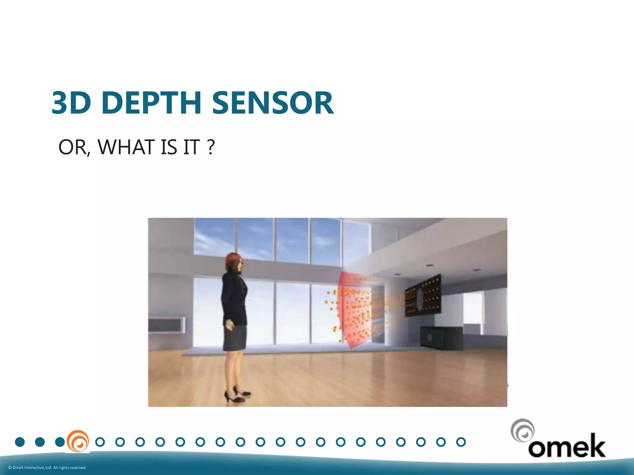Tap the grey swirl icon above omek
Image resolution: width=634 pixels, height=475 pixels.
(x=523, y=430)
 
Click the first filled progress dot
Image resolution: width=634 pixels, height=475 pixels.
(x=20, y=442)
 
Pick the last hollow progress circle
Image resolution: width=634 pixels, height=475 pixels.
(x=461, y=442)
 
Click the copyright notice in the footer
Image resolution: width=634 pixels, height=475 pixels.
(x=47, y=468)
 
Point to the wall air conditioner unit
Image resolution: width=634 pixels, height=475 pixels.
(x=167, y=325)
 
